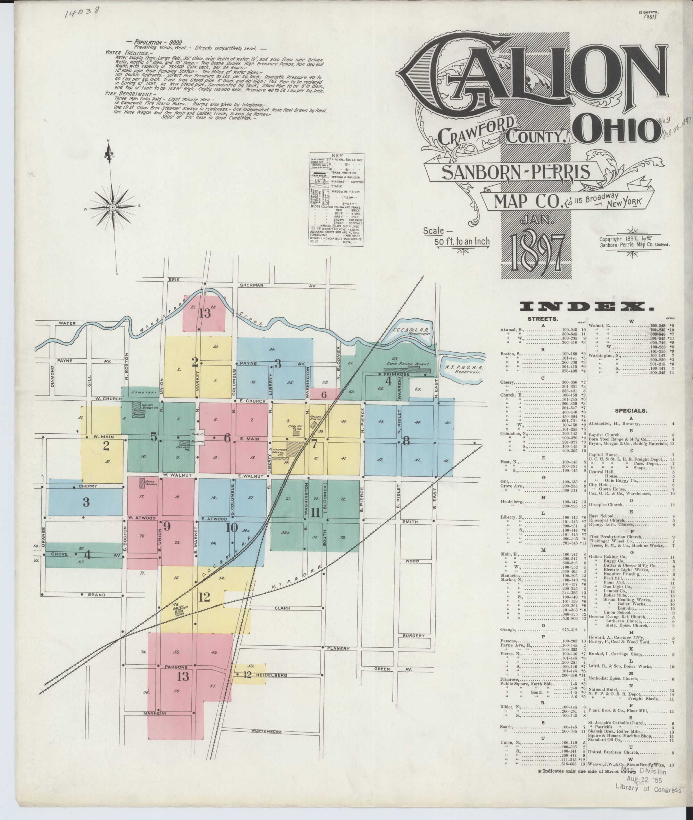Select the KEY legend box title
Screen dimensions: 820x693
337,155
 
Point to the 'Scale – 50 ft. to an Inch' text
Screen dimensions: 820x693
456,236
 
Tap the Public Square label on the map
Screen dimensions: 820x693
197,437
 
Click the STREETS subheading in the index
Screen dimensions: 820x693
543,319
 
